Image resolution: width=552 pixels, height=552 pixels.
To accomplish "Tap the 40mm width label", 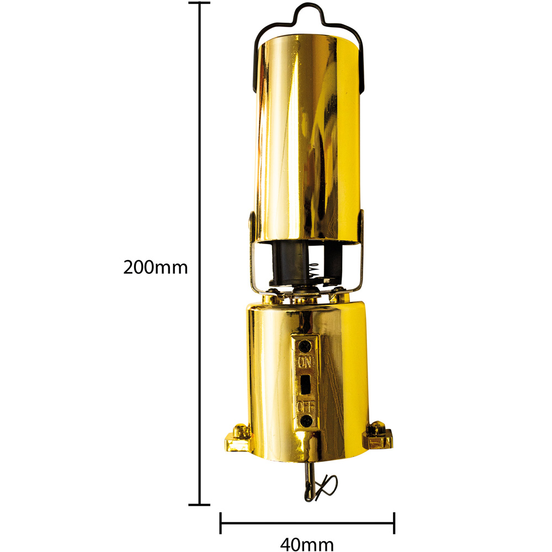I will pyautogui.click(x=306, y=544).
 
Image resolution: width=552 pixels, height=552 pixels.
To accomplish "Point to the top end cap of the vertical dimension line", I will pyautogui.click(x=199, y=3).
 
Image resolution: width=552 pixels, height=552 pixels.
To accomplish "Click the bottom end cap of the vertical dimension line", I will pyautogui.click(x=199, y=504).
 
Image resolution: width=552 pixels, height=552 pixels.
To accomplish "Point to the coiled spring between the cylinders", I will pyautogui.click(x=315, y=270).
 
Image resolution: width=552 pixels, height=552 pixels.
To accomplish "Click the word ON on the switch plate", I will pyautogui.click(x=304, y=363).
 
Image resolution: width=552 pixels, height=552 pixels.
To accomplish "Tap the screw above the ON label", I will pyautogui.click(x=304, y=346).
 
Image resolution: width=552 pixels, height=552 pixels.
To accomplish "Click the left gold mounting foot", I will pyautogui.click(x=237, y=438).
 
